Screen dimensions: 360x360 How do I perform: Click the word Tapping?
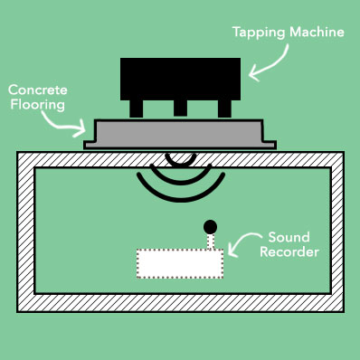pos(259,33)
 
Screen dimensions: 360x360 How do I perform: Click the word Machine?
pos(317,32)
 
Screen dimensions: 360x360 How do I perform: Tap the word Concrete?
pos(38,90)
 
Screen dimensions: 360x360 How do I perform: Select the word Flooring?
pos(38,105)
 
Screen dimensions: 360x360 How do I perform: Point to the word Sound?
pos(289,237)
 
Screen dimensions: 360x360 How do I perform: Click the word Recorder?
pos(289,251)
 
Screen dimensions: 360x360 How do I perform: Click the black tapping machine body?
pos(180,79)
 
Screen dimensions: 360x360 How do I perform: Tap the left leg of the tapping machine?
pos(137,109)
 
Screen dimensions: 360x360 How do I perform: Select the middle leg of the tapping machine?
pos(180,108)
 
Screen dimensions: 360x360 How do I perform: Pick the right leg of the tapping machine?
pos(224,109)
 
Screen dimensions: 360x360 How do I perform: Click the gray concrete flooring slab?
pos(180,134)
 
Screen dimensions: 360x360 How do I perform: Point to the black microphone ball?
pos(210,227)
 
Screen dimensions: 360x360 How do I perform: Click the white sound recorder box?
pos(180,263)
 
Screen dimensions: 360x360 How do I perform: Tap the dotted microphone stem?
pos(211,242)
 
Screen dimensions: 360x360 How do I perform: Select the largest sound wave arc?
pos(181,200)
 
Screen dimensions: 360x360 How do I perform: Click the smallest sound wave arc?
pos(180,165)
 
